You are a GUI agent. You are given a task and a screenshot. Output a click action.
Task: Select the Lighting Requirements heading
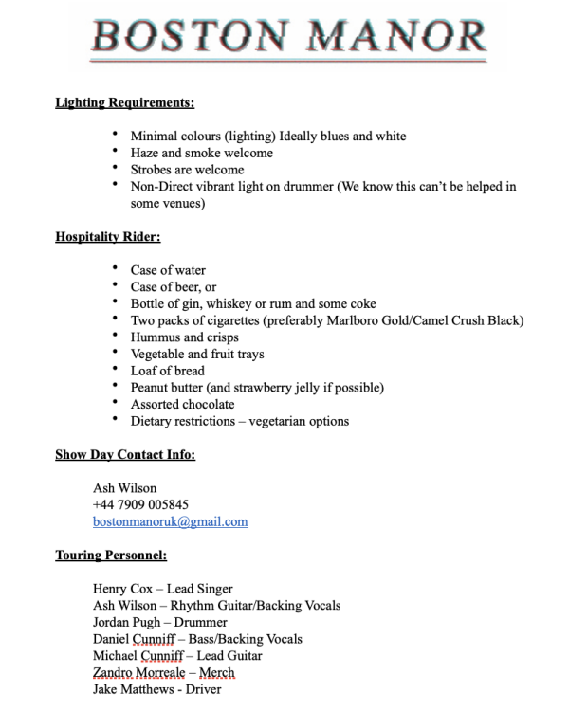tap(124, 102)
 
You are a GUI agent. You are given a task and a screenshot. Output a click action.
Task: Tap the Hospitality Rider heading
tap(107, 237)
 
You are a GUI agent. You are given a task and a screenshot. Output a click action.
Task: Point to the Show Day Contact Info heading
tap(125, 455)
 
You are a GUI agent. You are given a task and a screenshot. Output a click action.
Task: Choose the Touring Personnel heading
tap(111, 556)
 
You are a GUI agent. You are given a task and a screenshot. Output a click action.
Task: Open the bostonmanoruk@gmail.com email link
tap(170, 521)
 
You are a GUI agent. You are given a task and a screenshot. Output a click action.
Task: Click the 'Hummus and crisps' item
tap(184, 337)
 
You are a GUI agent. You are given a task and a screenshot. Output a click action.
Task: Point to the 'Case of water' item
tap(168, 270)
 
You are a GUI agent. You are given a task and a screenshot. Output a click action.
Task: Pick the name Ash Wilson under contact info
tap(124, 488)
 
